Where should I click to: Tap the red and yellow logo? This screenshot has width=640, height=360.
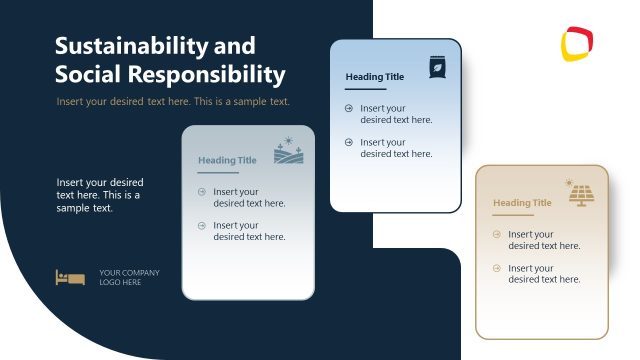(577, 44)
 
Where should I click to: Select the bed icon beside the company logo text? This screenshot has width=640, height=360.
(70, 277)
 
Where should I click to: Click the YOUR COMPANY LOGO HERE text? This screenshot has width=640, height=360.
(129, 277)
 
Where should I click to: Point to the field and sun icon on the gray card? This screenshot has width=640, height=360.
(288, 151)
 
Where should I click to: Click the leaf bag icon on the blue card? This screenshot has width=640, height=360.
(438, 67)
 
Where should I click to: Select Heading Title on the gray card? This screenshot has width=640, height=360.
(227, 160)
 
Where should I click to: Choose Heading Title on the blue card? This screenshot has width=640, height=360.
(375, 77)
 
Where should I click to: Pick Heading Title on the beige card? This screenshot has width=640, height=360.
(522, 203)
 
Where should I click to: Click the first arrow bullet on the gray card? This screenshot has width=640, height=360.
(202, 192)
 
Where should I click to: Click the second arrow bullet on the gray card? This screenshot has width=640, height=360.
(202, 226)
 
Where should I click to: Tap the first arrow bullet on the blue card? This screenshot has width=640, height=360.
(349, 108)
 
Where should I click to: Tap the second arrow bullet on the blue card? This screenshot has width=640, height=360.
(349, 143)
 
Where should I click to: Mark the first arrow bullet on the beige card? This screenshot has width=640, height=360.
(497, 234)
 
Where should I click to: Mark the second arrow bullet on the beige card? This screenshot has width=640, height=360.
(497, 269)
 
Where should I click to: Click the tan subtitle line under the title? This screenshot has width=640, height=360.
(173, 102)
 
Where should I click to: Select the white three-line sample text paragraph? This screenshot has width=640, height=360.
(100, 195)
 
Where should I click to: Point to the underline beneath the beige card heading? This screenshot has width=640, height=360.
(513, 215)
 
